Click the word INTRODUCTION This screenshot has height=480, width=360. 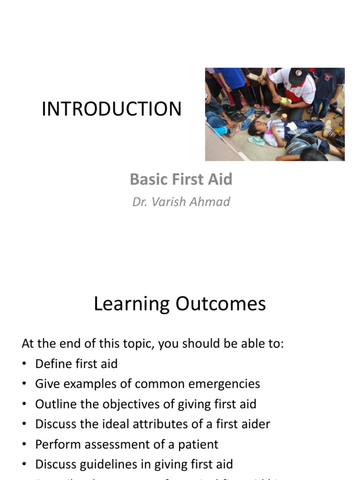112,109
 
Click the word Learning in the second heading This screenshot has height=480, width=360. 132,304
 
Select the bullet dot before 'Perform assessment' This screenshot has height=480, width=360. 24,445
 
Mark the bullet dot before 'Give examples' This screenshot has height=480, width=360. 24,384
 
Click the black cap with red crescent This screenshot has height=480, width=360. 299,76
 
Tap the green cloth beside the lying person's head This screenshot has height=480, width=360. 256,141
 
